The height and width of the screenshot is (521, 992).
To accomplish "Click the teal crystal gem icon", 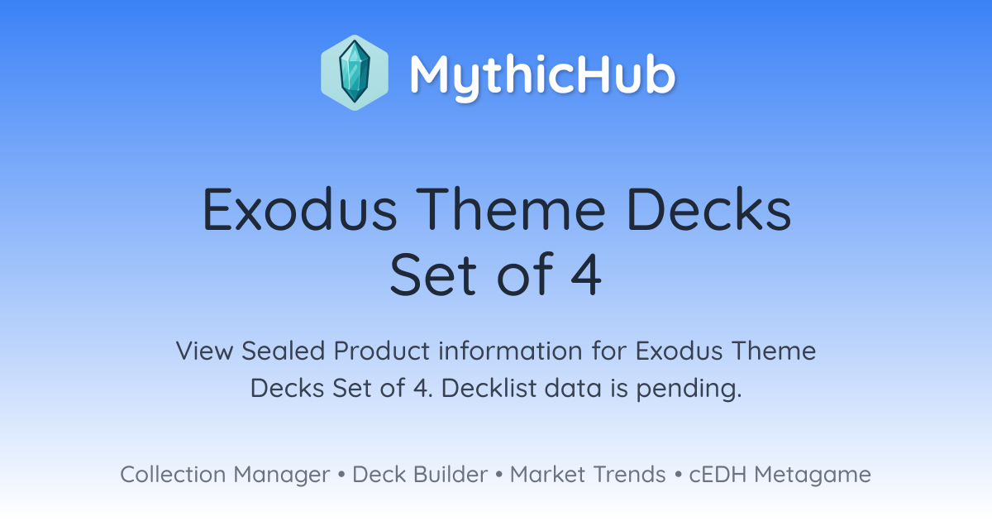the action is coord(355,72).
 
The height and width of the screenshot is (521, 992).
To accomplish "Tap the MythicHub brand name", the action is coord(542,76).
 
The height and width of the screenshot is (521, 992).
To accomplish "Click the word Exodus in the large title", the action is coord(300,208).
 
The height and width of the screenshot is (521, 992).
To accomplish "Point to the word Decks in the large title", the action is coord(708,208).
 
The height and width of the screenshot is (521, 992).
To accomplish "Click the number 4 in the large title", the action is coord(586,275).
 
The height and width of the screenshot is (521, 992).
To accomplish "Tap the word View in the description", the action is coord(205,351).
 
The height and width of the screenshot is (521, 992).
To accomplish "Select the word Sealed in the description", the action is coord(284,351).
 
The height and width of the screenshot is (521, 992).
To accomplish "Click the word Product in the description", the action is coord(382,351).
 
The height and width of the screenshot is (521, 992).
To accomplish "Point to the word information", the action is coord(511,351).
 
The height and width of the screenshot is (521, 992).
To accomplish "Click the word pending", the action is coord(689,389).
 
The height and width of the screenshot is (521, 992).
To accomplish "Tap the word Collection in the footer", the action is coord(173,474).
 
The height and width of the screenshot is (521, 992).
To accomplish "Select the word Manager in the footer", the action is coord(282,476).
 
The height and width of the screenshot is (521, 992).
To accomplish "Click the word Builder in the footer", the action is coord(451,474).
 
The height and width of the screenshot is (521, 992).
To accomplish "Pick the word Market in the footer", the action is coord(548,474).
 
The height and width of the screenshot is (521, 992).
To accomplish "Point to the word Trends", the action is coord(629,474).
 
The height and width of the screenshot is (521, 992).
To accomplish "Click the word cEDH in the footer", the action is coord(718,474).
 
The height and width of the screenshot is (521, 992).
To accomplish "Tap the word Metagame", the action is coord(813,476).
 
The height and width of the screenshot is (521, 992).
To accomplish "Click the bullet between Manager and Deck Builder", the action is coord(341,475).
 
